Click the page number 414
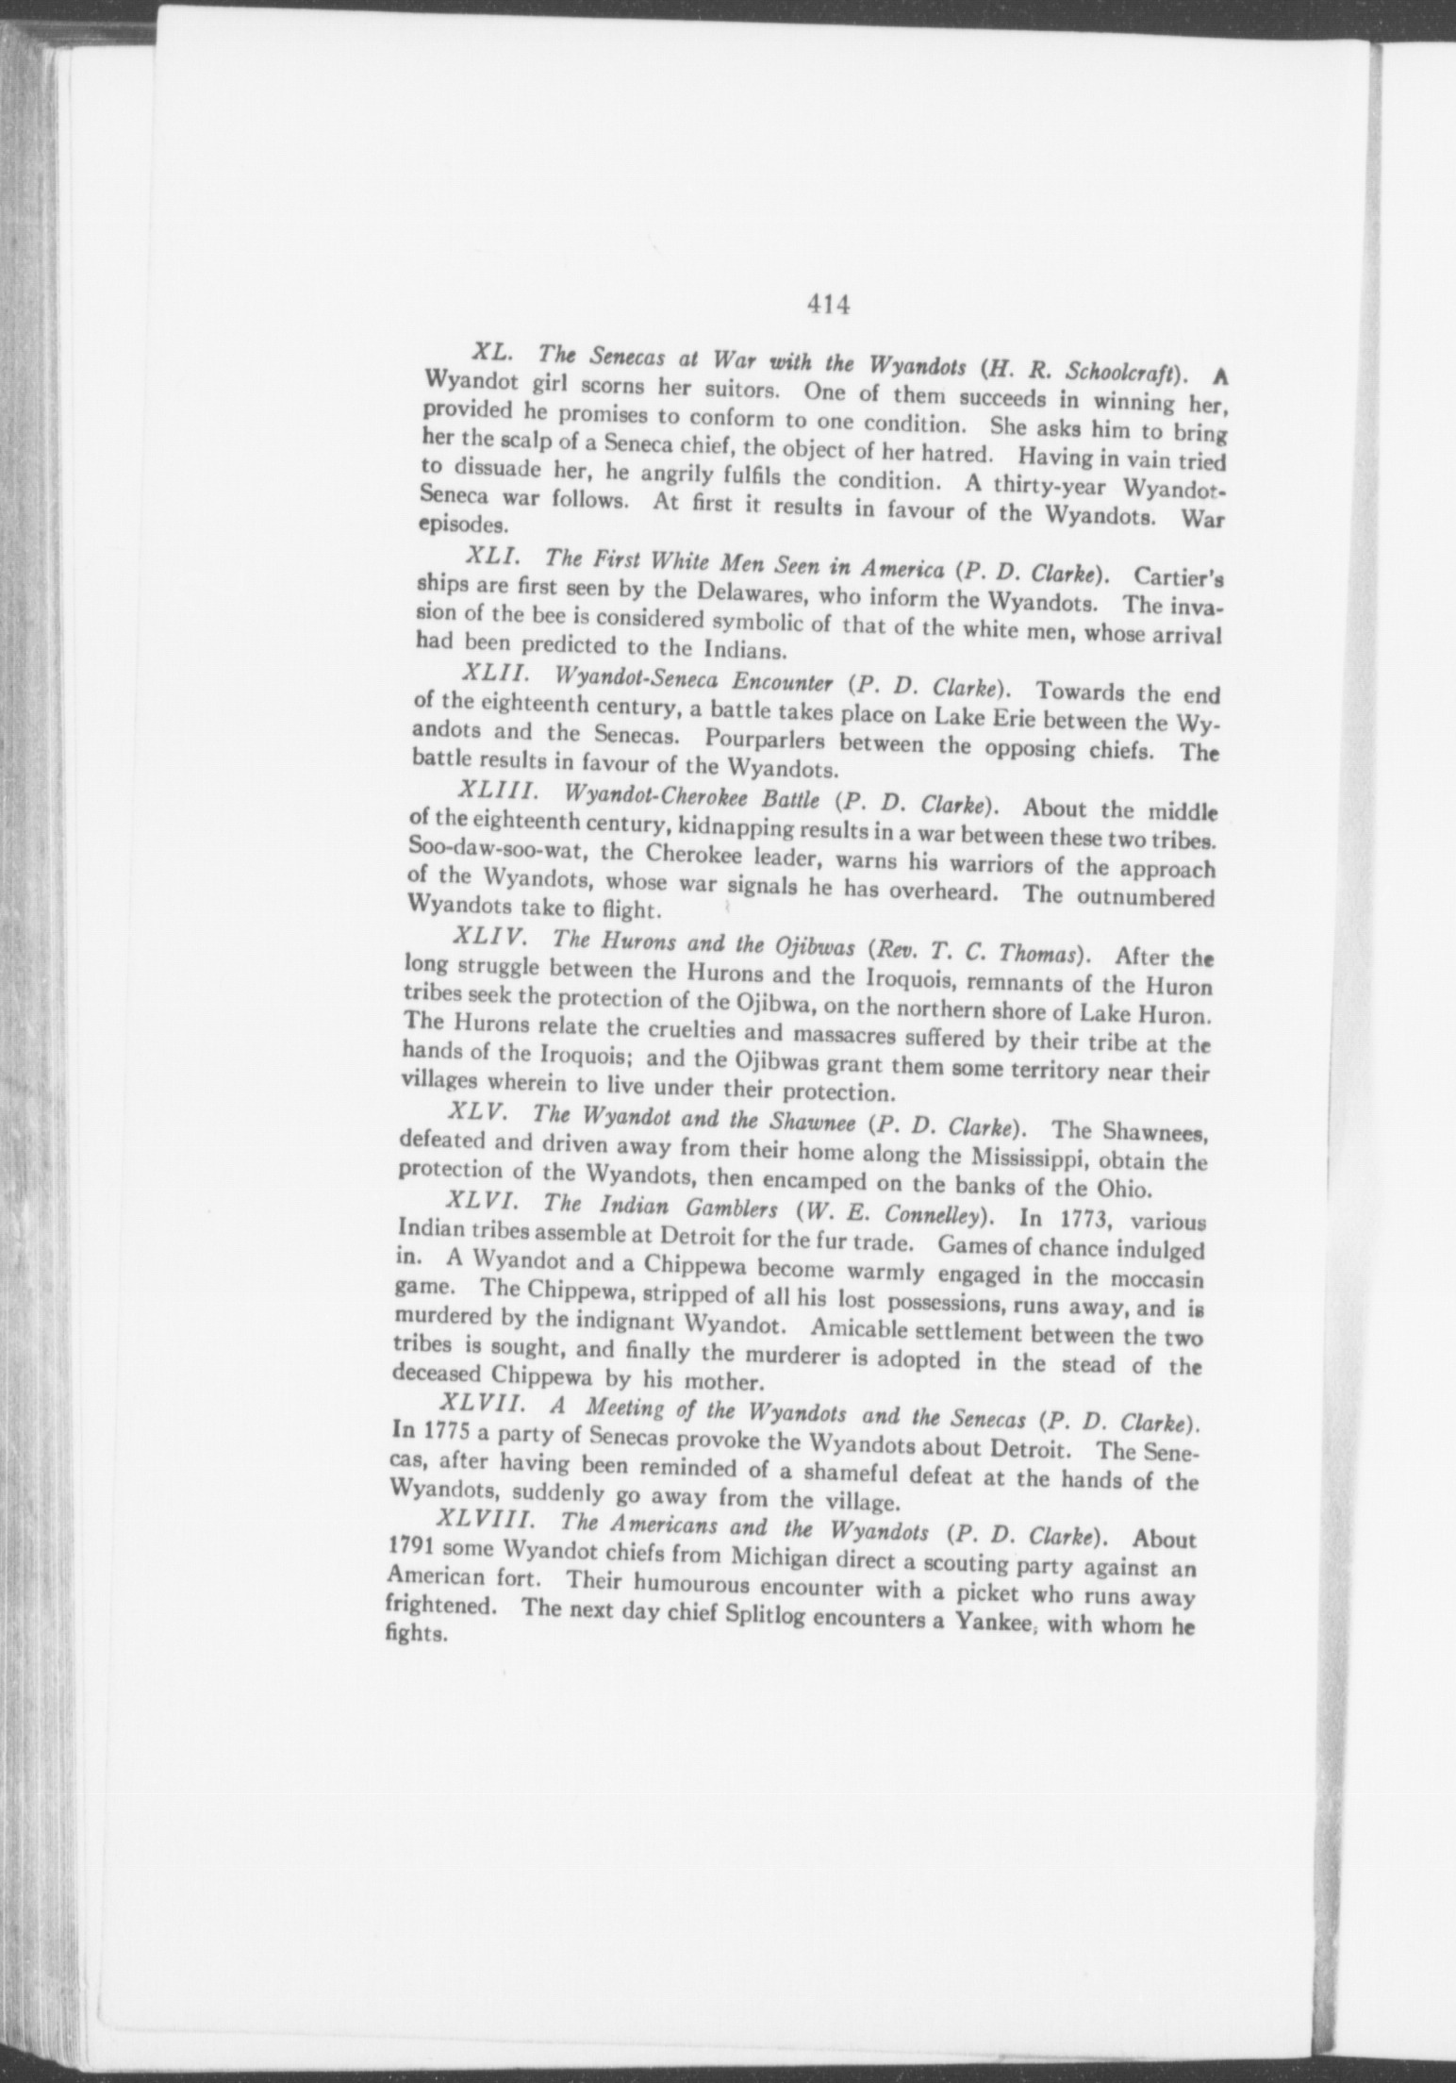829,304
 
